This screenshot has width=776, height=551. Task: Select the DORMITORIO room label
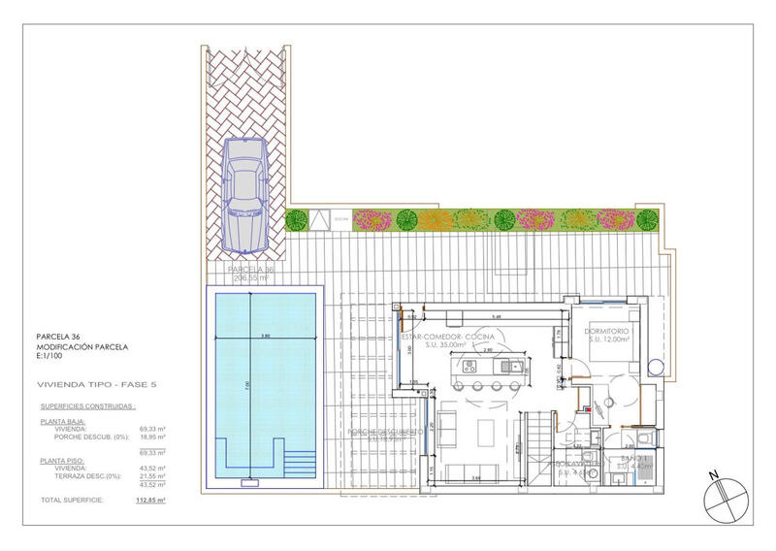point(608,332)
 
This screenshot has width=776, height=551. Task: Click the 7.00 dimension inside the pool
point(247,385)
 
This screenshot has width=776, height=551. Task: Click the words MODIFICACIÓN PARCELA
point(82,346)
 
